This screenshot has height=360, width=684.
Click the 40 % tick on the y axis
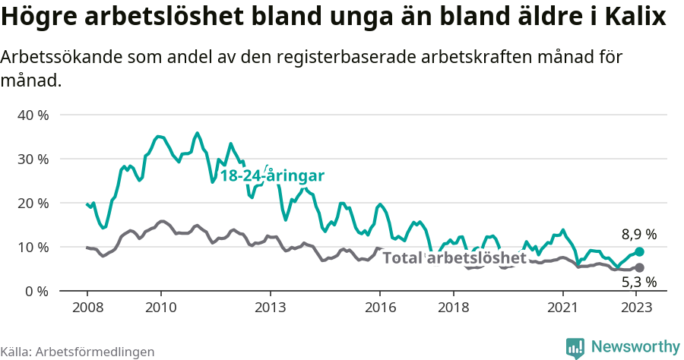pyautogui.click(x=33, y=115)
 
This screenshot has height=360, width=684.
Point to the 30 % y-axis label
pyautogui.click(x=33, y=159)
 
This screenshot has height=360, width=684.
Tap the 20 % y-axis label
pyautogui.click(x=33, y=204)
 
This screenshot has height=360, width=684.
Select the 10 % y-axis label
pyautogui.click(x=33, y=248)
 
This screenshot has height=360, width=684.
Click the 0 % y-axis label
pyautogui.click(x=36, y=292)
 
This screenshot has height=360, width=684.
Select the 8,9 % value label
pyautogui.click(x=638, y=235)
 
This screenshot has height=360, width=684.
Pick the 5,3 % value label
pyautogui.click(x=638, y=283)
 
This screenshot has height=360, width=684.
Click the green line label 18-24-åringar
pyautogui.click(x=272, y=176)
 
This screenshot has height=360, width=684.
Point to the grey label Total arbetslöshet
pyautogui.click(x=454, y=258)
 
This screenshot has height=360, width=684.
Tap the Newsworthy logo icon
pyautogui.click(x=575, y=347)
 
